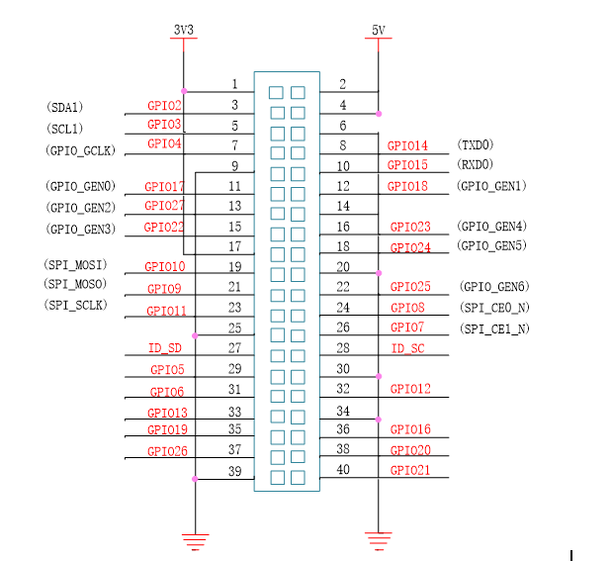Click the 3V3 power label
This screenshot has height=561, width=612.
click(183, 31)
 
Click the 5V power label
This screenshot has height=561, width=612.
click(378, 31)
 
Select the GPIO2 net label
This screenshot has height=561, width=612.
click(164, 105)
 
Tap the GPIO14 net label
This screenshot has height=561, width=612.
click(407, 145)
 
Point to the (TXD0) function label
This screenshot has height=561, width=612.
click(475, 144)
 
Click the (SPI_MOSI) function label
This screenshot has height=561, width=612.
click(75, 265)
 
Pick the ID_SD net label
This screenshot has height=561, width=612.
click(165, 347)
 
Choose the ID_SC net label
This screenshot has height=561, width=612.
click(407, 347)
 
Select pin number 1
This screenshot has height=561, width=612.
click(234, 84)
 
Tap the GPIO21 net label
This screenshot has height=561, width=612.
click(409, 470)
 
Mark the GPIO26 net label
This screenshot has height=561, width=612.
click(166, 450)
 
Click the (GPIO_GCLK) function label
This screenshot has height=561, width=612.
click(81, 149)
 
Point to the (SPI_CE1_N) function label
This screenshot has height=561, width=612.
click(494, 328)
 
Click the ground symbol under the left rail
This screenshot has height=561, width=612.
click(196, 540)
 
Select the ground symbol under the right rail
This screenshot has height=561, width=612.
click(378, 540)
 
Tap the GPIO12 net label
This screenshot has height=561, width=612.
click(409, 389)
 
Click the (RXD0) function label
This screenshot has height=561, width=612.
click(475, 164)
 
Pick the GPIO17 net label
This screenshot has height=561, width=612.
click(164, 186)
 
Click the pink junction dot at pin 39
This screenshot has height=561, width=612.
click(196, 479)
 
